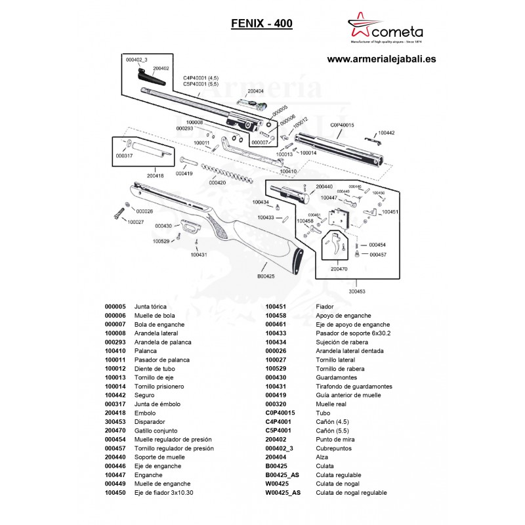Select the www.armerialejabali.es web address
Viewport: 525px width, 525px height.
[x=381, y=58]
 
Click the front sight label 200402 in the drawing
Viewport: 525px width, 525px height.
[x=161, y=68]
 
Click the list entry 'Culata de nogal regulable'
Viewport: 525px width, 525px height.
[x=352, y=492]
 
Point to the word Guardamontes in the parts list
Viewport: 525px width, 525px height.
[x=333, y=377]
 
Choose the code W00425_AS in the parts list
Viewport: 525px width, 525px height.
[x=283, y=492]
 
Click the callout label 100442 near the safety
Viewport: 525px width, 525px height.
[x=387, y=133]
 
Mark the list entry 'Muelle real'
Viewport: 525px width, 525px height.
[x=331, y=404]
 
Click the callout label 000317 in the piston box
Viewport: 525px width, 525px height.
[x=124, y=156]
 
